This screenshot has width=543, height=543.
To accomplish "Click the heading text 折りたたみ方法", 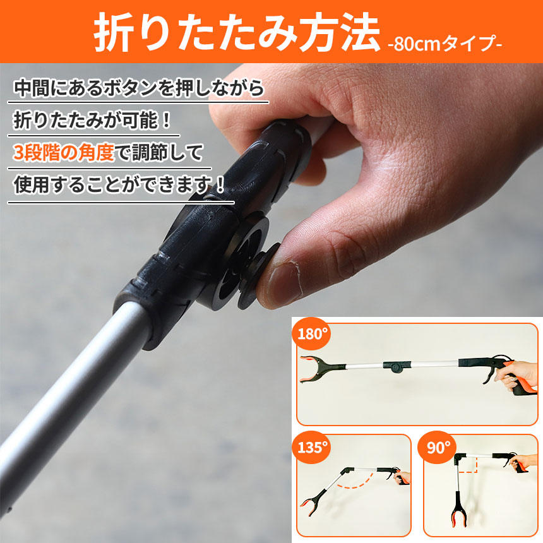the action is pos(237,33).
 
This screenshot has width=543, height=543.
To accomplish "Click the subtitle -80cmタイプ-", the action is pos(445,44).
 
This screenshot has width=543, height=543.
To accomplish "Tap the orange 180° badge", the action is pos(311,334).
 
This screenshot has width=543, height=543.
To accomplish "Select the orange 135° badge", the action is pos(311,447).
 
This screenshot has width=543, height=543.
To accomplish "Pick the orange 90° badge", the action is pos(438,447).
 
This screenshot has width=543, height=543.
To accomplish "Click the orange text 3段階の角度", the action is pos(64,153).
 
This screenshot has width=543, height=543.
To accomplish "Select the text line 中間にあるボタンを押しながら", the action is pos(138,88).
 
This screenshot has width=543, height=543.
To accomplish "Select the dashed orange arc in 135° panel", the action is pos(357,481).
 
